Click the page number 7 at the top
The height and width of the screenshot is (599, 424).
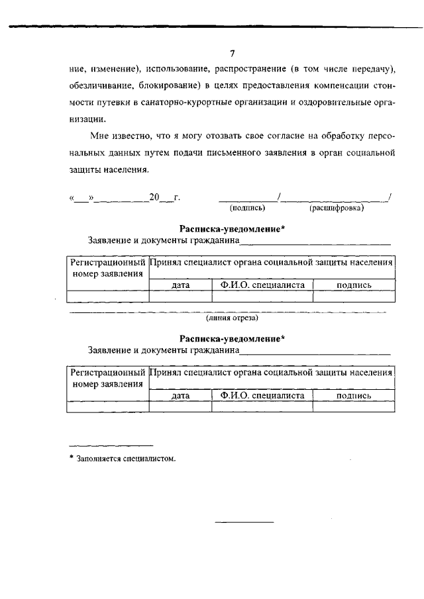(x=233, y=54)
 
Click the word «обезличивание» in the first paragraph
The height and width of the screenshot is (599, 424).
(x=99, y=85)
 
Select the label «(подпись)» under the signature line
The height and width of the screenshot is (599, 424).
(x=243, y=208)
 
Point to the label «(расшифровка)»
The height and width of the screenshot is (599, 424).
(x=337, y=208)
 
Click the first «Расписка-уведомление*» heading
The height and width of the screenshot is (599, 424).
(x=232, y=229)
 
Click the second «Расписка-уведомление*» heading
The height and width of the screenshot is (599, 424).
(x=232, y=339)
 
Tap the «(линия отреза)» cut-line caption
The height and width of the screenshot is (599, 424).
(x=232, y=318)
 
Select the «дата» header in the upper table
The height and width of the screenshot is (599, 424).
(x=180, y=285)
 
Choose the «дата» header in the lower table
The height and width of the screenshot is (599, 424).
(x=180, y=395)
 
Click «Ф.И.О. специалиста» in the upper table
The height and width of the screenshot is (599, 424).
(x=262, y=285)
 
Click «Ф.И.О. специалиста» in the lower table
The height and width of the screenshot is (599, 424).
(x=262, y=394)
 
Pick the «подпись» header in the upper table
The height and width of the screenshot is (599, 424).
(x=354, y=285)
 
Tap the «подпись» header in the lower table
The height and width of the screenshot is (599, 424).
(x=354, y=395)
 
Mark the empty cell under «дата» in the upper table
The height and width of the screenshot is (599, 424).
(x=180, y=297)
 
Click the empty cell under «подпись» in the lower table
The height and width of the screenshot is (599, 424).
(x=354, y=406)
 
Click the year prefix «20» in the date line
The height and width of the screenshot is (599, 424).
(x=155, y=197)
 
